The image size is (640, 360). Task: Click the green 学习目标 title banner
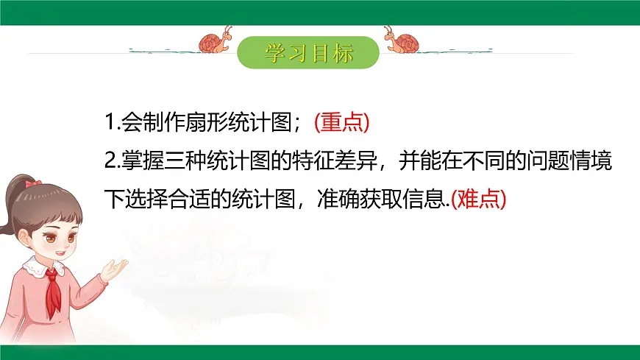click(x=309, y=52)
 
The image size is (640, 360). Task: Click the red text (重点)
click(x=341, y=123)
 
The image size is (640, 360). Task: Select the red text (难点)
click(x=478, y=199)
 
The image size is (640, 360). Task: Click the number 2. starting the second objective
click(x=110, y=161)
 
